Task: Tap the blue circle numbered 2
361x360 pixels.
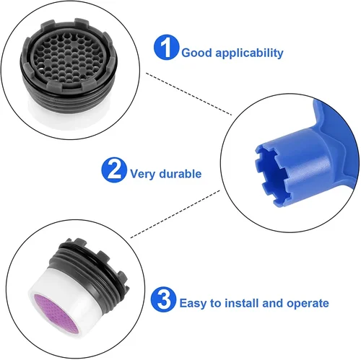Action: tap(113, 171)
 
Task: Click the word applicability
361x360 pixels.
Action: tap(247, 53)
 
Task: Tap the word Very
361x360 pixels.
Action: tap(142, 174)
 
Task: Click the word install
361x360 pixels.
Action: tap(242, 303)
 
